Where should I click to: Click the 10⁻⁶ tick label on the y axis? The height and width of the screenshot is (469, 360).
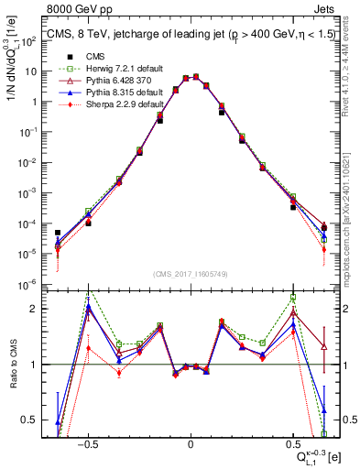[x=27, y=282]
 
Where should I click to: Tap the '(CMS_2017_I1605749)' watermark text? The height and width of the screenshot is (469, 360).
[x=190, y=274]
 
